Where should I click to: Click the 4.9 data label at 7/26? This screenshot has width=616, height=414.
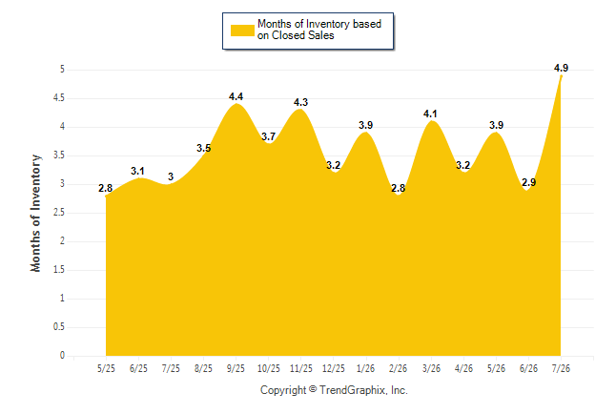pos(561,68)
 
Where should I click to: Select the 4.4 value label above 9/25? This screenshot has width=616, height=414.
pos(236,96)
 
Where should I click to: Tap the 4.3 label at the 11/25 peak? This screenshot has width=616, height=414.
pos(301,102)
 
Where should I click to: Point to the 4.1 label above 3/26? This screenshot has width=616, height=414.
pos(430,114)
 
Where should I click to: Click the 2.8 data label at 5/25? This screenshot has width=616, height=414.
pos(105,188)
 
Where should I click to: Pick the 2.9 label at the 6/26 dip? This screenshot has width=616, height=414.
pos(529,182)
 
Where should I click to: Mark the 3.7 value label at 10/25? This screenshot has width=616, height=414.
pos(268,136)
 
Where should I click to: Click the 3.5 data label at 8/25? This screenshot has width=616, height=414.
pos(203,148)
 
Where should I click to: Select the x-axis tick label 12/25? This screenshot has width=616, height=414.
pos(333,369)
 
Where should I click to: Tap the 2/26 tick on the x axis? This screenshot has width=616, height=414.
pos(398,369)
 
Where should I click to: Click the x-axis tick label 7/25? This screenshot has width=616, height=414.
pos(171,369)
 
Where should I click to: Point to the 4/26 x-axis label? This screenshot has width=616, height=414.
pos(463,369)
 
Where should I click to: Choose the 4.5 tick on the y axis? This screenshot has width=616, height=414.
pos(59,98)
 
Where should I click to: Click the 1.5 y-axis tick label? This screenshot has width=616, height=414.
pos(59,270)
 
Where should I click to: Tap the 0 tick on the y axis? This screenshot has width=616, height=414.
pos(62,356)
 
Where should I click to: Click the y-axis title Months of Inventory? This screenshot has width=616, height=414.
pos(35,213)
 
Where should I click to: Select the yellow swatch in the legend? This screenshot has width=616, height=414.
pos(242,31)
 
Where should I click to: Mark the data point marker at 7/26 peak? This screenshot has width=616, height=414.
pos(561,76)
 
